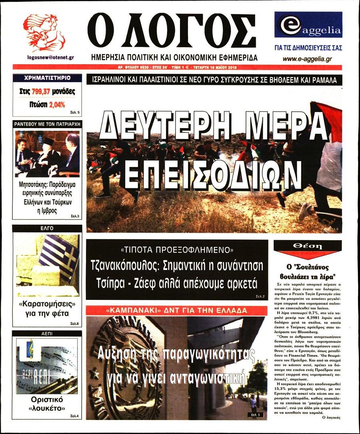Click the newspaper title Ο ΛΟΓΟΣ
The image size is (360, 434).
[172, 31]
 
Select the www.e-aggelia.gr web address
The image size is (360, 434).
[307, 59]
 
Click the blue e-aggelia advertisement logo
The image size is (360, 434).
[308, 25]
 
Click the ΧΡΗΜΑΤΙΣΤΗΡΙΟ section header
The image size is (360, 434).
[47, 78]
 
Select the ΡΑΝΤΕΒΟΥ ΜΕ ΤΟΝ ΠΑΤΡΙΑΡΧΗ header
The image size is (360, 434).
[47, 124]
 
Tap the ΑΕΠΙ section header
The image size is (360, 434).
[47, 333]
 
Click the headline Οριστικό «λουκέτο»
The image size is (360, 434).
[47, 404]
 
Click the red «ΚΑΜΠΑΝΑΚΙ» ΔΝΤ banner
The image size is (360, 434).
[176, 310]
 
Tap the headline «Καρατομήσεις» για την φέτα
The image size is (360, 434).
[47, 308]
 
